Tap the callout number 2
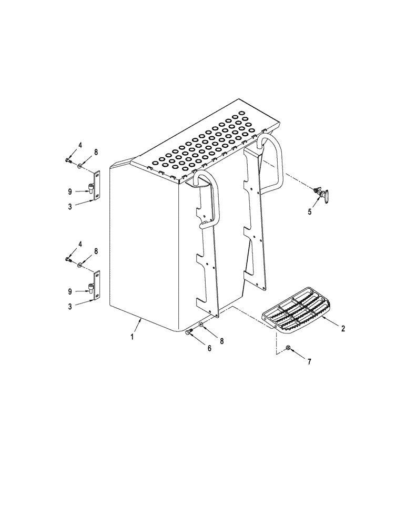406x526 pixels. coord(343,329)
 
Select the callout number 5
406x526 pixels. coord(310,211)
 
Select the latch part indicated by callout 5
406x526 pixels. coord(321,194)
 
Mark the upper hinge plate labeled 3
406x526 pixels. coord(96,186)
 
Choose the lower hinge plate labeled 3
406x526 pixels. coord(96,286)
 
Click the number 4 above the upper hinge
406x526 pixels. coord(80,145)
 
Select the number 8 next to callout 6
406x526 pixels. coord(221,341)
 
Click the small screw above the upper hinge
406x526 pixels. coord(68,159)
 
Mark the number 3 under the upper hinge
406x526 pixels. coord(70,207)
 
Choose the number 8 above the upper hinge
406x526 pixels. coord(96,152)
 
